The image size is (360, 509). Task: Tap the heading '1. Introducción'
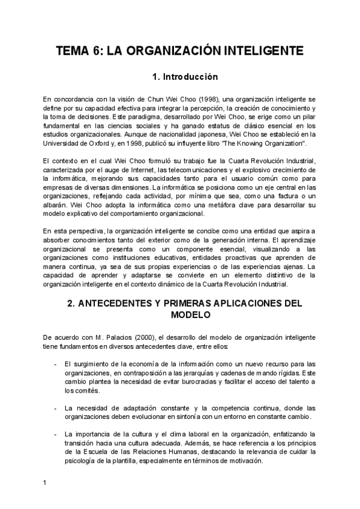click(x=179, y=77)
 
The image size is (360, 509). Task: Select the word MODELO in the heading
click(x=179, y=315)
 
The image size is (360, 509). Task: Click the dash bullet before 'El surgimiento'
click(x=56, y=364)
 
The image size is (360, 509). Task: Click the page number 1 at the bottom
click(x=45, y=483)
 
